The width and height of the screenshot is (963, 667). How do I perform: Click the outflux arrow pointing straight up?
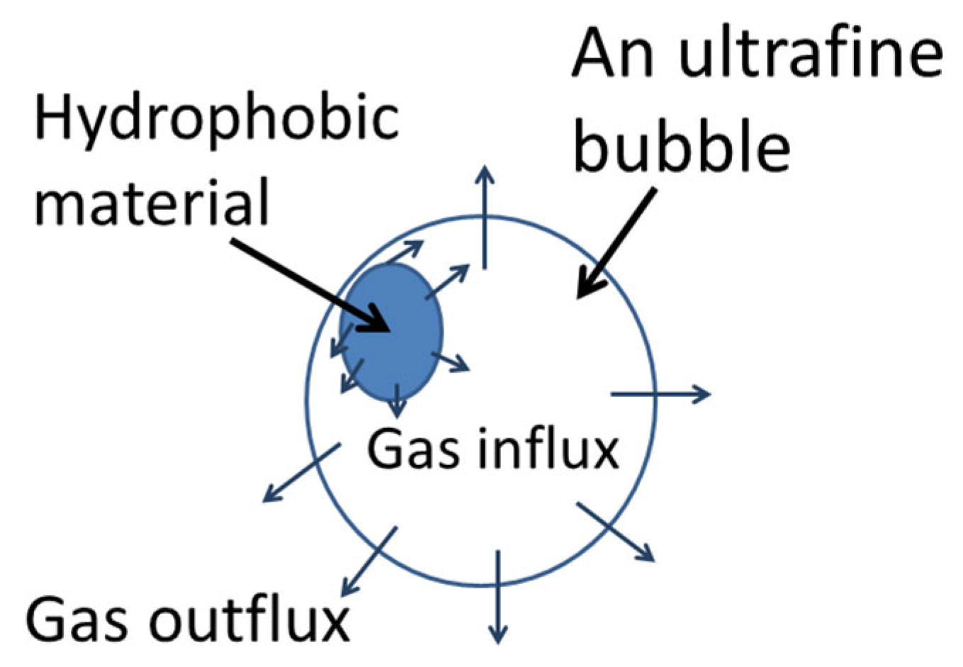[485, 216]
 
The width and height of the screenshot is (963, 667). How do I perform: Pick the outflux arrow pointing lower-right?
[615, 532]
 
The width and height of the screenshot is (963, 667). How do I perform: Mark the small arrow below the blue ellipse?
[397, 400]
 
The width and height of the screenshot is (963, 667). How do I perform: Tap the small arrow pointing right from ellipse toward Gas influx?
[451, 361]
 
